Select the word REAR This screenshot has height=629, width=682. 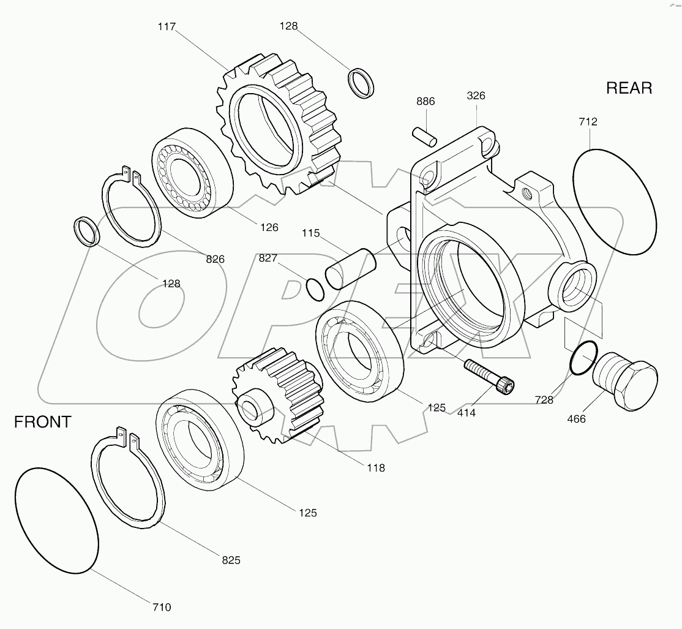click(x=629, y=88)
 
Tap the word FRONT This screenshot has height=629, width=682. click(x=42, y=422)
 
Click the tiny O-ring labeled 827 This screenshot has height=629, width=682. click(x=315, y=290)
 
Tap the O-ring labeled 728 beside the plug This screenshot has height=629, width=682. click(x=582, y=359)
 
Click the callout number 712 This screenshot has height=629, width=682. click(x=587, y=122)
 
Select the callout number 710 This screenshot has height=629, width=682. click(x=162, y=608)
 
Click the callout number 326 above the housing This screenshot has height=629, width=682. click(x=476, y=96)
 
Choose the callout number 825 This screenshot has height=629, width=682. click(x=231, y=560)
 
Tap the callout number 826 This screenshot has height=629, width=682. click(x=215, y=259)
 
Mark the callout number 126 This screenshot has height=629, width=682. click(x=269, y=227)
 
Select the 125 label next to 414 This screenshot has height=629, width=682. click(x=437, y=407)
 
